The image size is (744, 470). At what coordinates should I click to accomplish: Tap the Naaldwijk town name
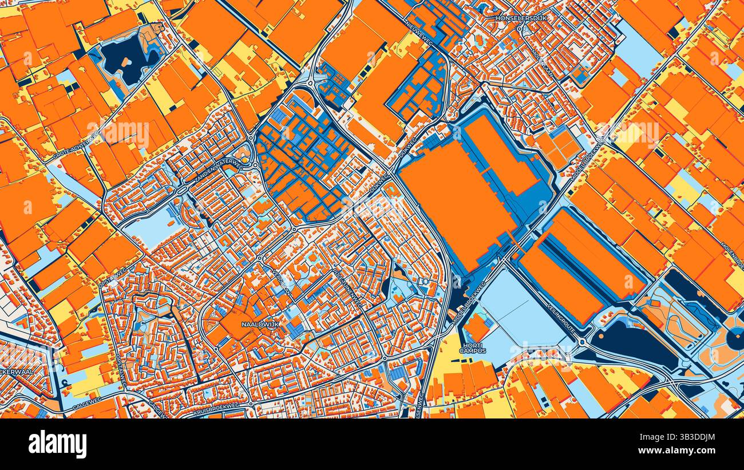pos(260,324)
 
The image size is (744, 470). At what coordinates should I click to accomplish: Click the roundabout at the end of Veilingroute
pos(583,342)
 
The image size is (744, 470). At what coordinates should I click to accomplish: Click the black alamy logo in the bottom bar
pos(57,444)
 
